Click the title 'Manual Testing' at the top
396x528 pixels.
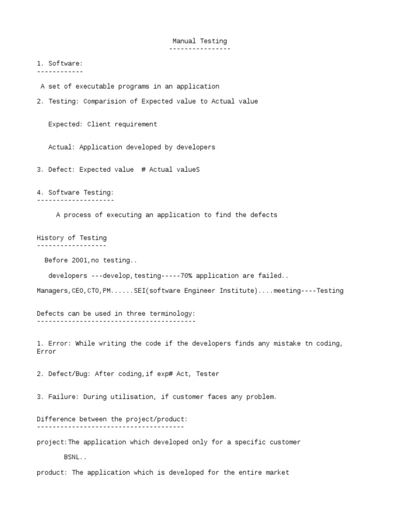click(200, 41)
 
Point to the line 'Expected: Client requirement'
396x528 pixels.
click(103, 124)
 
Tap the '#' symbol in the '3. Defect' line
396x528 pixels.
click(143, 170)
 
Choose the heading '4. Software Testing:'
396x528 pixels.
click(75, 192)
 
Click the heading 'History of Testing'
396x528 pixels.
click(72, 238)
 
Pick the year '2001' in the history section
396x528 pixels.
click(81, 260)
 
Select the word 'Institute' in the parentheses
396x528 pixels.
click(238, 291)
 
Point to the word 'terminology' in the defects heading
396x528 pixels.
click(172, 313)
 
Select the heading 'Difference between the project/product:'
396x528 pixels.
click(112, 419)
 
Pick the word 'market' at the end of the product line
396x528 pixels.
click(277, 472)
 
